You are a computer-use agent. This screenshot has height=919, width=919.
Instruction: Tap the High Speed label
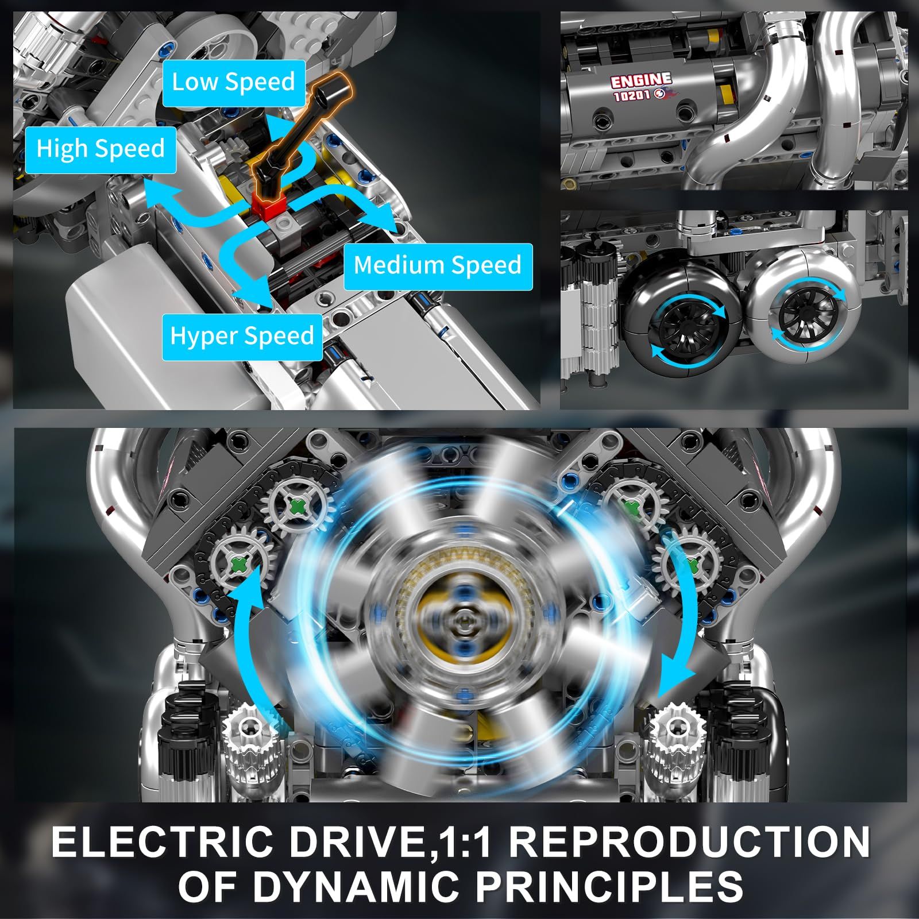(101, 149)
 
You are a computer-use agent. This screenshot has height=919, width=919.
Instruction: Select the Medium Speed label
(438, 266)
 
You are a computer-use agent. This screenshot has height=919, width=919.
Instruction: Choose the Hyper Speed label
(242, 337)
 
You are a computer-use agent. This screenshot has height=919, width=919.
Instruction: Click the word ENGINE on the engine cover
(641, 81)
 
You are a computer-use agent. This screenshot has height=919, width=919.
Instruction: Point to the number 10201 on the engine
(632, 95)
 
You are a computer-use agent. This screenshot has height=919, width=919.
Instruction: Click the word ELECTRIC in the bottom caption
(162, 841)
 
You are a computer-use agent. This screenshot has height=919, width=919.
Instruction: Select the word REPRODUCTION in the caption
(689, 841)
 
